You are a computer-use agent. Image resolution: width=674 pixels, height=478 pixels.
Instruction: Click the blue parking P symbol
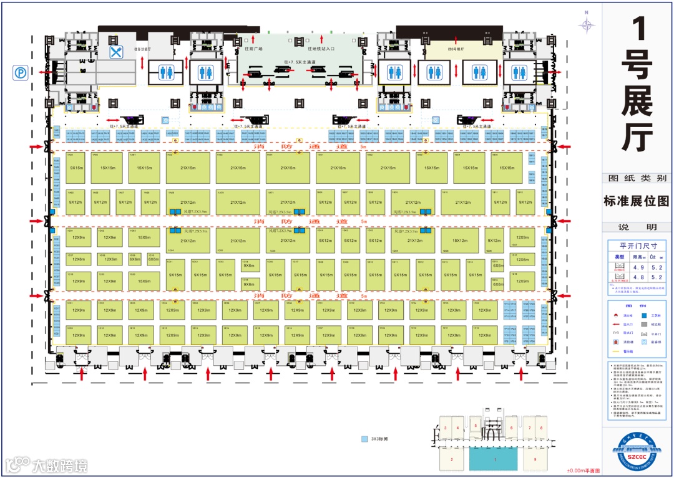21,73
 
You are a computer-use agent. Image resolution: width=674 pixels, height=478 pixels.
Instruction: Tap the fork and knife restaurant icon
115,52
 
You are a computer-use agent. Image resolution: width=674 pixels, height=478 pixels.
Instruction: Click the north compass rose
587,24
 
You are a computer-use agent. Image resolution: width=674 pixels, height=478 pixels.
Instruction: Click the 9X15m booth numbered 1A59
77,168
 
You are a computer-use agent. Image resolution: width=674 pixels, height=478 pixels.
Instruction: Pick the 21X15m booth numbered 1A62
187,168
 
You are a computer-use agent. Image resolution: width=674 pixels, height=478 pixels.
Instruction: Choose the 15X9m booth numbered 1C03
144,237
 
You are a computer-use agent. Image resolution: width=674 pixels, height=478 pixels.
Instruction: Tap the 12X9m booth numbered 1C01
79,237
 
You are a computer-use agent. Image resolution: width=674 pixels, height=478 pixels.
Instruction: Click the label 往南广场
253,48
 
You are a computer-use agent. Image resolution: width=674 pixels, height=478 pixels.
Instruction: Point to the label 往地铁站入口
321,48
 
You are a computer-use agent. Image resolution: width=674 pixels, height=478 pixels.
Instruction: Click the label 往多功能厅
143,48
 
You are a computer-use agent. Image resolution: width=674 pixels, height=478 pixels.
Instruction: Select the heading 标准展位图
636,201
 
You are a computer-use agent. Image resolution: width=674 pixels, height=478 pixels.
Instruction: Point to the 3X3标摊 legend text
380,439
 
